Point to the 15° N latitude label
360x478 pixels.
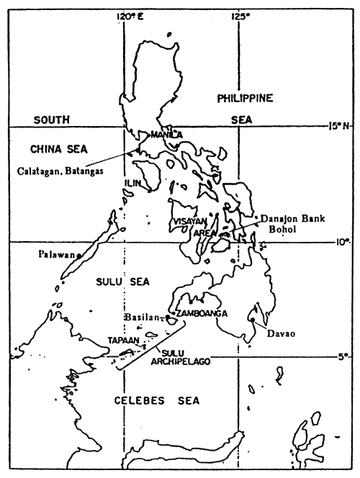pos(339,126)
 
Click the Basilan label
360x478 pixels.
pos(145,315)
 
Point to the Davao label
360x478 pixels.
pos(268,333)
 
